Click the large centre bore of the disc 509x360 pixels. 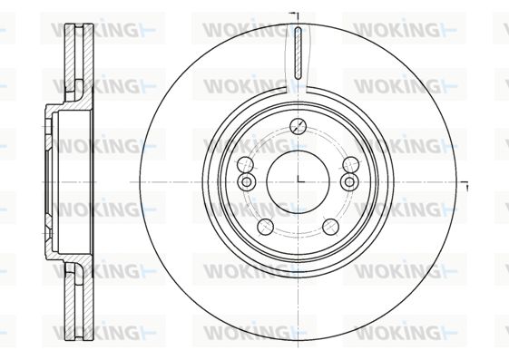pos(298,182)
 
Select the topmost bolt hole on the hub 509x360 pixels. pos(298,126)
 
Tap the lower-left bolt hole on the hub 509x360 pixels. pos(265,227)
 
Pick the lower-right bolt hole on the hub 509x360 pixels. pos(331,227)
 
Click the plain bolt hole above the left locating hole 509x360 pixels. pos(245,165)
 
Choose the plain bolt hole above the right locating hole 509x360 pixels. pos(351,165)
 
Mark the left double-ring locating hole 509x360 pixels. pos(247,181)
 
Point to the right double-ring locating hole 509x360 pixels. pos(349,181)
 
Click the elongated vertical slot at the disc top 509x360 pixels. pos(298,54)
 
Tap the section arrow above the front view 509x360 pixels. pos(294,14)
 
